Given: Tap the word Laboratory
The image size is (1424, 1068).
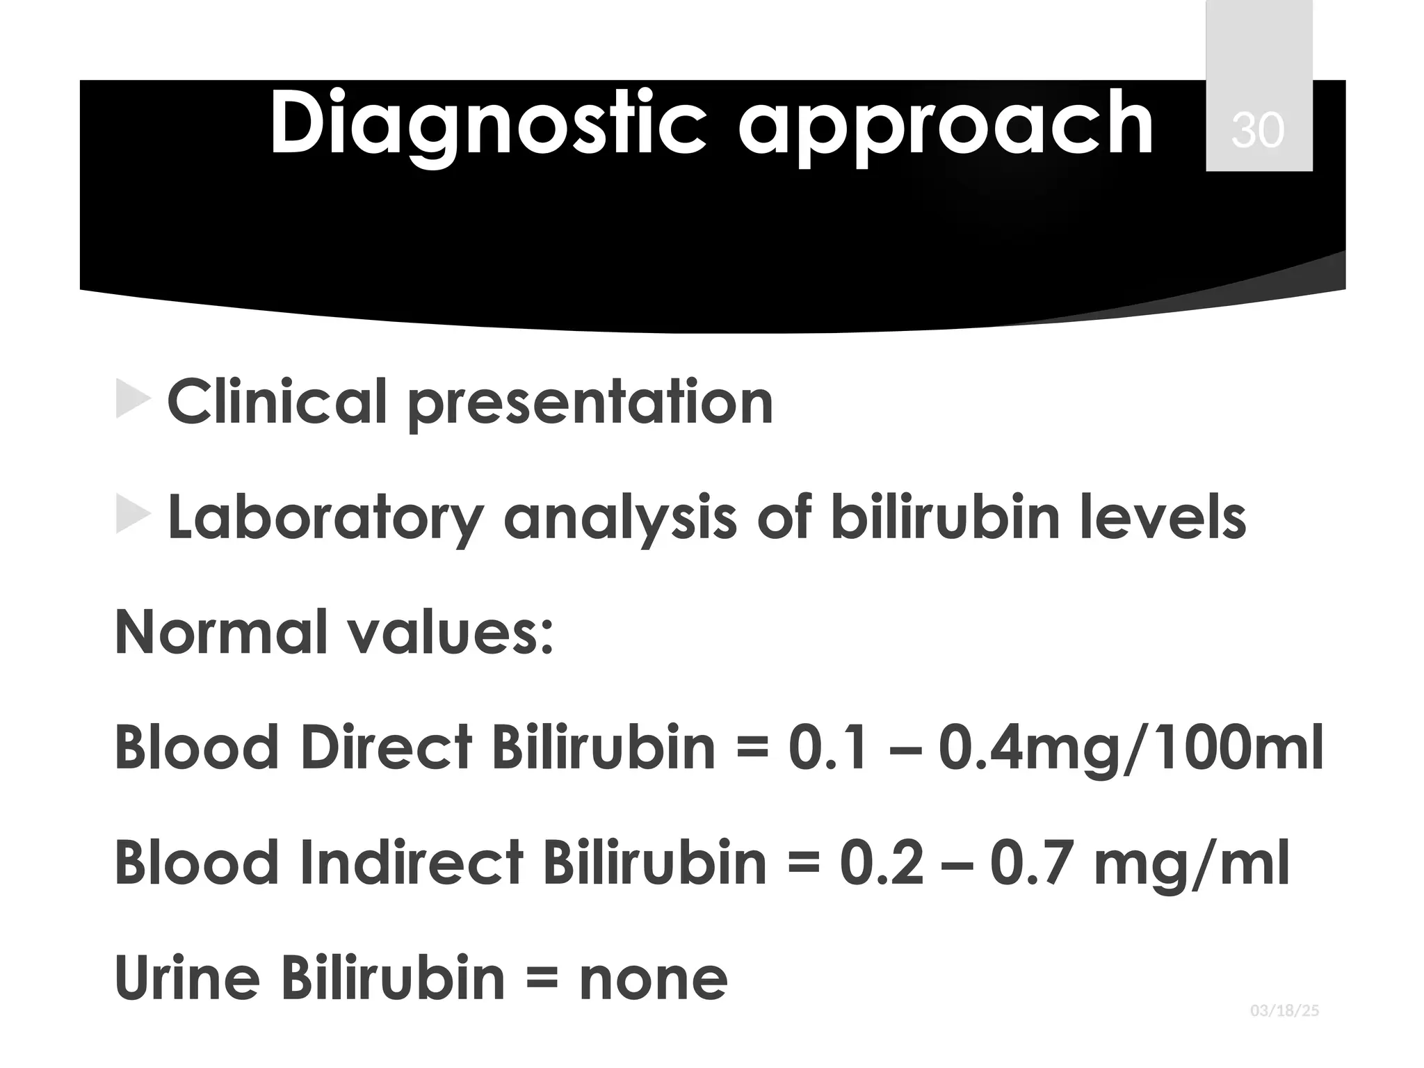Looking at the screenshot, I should (x=325, y=519).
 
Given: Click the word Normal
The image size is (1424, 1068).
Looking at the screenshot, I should (x=220, y=632).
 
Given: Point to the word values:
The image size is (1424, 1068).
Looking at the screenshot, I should (x=450, y=632).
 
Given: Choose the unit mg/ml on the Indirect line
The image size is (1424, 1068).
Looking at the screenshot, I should (x=1190, y=864).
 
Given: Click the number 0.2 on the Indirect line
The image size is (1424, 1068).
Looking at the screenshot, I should (x=882, y=863).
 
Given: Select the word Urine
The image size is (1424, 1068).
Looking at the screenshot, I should (x=187, y=978).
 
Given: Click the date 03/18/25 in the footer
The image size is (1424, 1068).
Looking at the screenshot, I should (x=1284, y=1030).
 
